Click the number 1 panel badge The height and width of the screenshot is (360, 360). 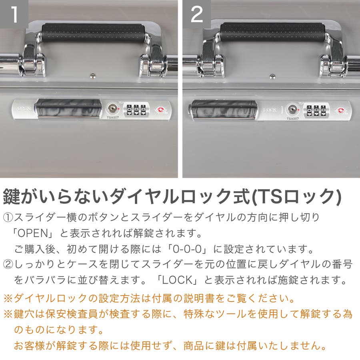[x=14, y=14]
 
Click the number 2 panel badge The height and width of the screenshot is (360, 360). [x=197, y=14]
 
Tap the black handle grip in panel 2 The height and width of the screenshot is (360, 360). [x=272, y=32]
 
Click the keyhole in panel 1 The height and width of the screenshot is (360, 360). [x=112, y=108]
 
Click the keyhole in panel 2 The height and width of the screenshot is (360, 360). [x=292, y=110]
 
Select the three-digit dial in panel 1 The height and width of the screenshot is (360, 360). [x=136, y=110]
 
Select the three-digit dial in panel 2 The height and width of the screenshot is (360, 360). [x=316, y=111]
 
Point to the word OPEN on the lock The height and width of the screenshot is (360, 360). [x=24, y=108]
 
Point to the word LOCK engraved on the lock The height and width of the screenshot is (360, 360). [x=270, y=110]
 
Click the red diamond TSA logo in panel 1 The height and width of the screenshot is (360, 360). [x=160, y=110]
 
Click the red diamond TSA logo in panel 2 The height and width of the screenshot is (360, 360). [x=340, y=111]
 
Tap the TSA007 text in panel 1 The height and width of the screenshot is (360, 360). [x=112, y=118]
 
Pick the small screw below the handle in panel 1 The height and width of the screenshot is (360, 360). [x=92, y=76]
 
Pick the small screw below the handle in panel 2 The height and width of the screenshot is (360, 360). [x=272, y=76]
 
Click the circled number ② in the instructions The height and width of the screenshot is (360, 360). [x=8, y=264]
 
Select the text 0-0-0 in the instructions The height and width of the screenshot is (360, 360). [x=187, y=249]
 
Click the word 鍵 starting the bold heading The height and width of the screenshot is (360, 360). [x=12, y=196]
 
